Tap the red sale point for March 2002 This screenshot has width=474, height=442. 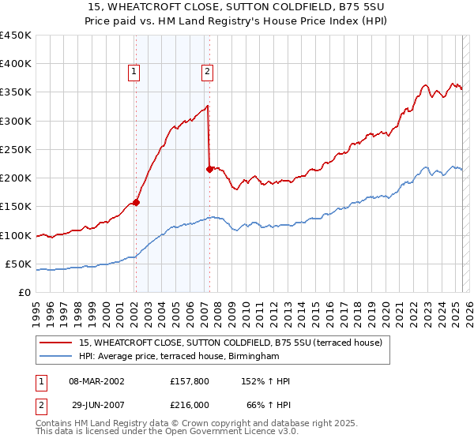136,202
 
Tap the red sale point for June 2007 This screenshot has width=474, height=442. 209,168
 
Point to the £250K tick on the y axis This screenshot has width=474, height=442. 16,149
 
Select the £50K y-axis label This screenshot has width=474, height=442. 19,264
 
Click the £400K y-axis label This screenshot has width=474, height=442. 16,64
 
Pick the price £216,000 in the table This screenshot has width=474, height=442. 190,404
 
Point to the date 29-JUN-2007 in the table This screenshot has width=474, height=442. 96,404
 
